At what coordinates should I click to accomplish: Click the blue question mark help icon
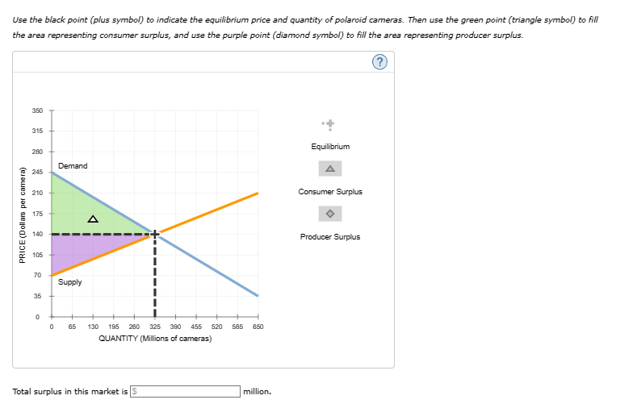coord(379,62)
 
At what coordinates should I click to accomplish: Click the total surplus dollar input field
coord(185,391)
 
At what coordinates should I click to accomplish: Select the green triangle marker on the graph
coord(93,219)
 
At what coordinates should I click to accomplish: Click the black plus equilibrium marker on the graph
coord(154,234)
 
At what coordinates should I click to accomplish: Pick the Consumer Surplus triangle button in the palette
coord(330,169)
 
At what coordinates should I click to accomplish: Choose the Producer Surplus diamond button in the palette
coord(330,214)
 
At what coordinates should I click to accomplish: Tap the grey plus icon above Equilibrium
coord(329,124)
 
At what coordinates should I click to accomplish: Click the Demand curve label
coord(73,166)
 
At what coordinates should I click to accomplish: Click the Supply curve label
coord(70,282)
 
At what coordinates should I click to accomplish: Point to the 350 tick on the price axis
coord(37,110)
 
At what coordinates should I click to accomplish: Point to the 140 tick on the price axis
coord(37,234)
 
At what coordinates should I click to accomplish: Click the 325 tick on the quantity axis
coord(155,327)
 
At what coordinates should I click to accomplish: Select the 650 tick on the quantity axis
coord(258,327)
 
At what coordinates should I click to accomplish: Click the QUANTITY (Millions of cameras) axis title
coord(155,339)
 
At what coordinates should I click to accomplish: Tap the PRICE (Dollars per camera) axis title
coord(23,215)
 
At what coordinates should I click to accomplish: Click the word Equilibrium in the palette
coord(330,147)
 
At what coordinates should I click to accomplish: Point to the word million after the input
coord(258,391)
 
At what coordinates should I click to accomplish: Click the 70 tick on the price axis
coord(37,276)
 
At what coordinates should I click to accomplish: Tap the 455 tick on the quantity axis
coord(196,327)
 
